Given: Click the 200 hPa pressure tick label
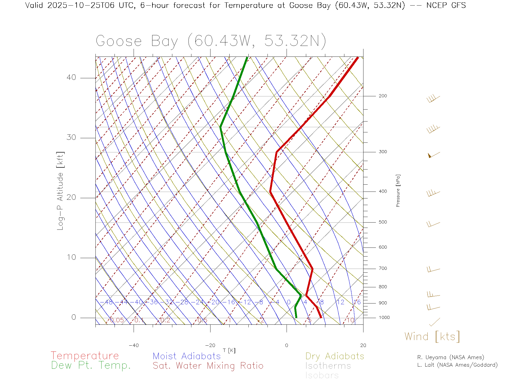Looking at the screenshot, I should click(x=383, y=96).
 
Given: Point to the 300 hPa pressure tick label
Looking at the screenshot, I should click(x=383, y=152).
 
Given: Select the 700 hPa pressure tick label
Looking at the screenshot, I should click(x=383, y=268).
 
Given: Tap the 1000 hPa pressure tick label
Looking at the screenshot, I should click(x=384, y=318).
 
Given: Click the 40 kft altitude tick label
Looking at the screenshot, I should click(x=71, y=77).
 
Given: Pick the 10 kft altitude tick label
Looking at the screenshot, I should click(x=71, y=257).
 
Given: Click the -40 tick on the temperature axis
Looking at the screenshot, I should click(x=134, y=345).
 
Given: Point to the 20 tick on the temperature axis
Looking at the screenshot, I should click(x=363, y=345).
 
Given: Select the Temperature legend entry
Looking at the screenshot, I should click(x=85, y=356).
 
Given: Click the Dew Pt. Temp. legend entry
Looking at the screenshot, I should click(x=91, y=366).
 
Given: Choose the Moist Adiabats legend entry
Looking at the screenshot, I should click(x=187, y=356).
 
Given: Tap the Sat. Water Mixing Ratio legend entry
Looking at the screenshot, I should click(x=208, y=366).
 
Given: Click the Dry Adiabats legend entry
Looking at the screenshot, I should click(x=335, y=356).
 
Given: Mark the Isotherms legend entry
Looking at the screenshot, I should click(x=328, y=366).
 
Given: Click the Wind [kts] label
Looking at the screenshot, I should click(x=432, y=337).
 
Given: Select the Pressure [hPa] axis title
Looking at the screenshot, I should click(x=398, y=190).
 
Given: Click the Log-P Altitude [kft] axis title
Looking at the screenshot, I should click(x=60, y=191).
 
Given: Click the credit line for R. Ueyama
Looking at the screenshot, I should click(x=451, y=357).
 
